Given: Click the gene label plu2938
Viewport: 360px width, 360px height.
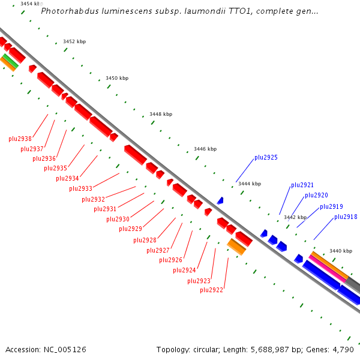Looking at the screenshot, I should pos(20,139).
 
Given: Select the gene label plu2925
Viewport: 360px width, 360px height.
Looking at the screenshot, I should pos(266,158).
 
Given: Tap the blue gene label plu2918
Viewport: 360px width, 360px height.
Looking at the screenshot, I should pos(346,217).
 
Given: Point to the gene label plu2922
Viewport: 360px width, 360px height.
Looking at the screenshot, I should pos(211,290).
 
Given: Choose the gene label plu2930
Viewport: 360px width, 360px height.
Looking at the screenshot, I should pos(118,219).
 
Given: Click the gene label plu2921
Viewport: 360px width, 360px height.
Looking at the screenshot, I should pos(302,185).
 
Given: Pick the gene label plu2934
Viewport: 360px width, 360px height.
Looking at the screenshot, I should pos(67,178).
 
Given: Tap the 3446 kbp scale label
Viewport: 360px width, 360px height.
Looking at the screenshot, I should pos(205,149).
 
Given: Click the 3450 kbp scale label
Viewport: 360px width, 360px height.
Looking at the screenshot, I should pos(117,78).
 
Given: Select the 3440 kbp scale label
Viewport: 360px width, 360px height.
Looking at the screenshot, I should pos(341,251).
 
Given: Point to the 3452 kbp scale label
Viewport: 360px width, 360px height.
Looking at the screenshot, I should pos(74,41).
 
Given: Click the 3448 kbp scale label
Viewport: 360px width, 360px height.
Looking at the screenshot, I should pos(161,114).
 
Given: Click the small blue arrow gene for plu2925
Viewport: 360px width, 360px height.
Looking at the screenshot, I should pos(220,200).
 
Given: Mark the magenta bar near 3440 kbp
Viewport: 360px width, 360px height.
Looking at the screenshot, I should pos(328,269).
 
